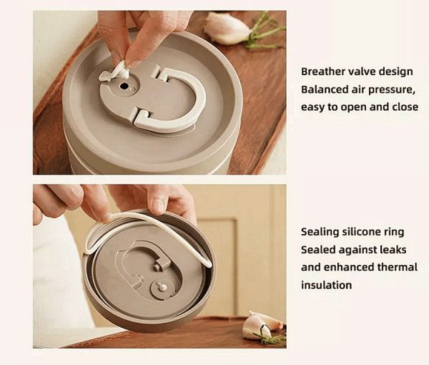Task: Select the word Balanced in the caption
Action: click(325, 89)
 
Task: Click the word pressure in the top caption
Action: click(390, 89)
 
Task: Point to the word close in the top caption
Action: click(404, 107)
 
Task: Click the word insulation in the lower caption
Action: click(326, 285)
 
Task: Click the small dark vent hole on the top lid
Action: click(124, 85)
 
